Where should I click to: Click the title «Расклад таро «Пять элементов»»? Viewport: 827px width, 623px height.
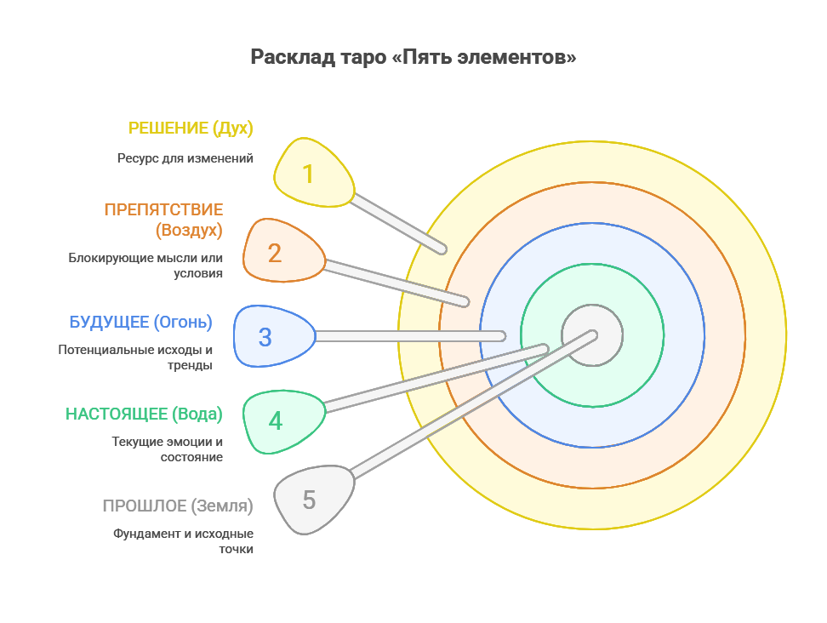point(413,58)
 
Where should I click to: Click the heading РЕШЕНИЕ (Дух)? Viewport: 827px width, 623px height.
point(191,129)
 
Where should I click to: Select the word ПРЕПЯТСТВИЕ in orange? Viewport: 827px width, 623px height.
point(163,209)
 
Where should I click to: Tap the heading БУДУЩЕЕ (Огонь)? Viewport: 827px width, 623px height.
point(140,323)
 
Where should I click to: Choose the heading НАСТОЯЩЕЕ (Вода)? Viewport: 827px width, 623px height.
point(144,414)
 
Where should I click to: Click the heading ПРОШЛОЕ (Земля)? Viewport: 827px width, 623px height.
point(178,506)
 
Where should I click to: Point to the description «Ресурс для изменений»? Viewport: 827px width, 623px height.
point(185,158)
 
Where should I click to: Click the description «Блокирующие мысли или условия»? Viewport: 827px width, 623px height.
point(146,266)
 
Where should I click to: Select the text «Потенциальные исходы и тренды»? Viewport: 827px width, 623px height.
point(135,357)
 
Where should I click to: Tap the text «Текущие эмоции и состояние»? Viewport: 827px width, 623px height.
point(168,449)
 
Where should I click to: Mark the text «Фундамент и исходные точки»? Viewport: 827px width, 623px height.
point(184,541)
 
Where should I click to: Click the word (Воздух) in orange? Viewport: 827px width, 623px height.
point(189,230)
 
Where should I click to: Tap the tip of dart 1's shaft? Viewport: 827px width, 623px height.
point(442,249)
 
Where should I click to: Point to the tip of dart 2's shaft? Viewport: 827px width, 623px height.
point(465,301)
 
